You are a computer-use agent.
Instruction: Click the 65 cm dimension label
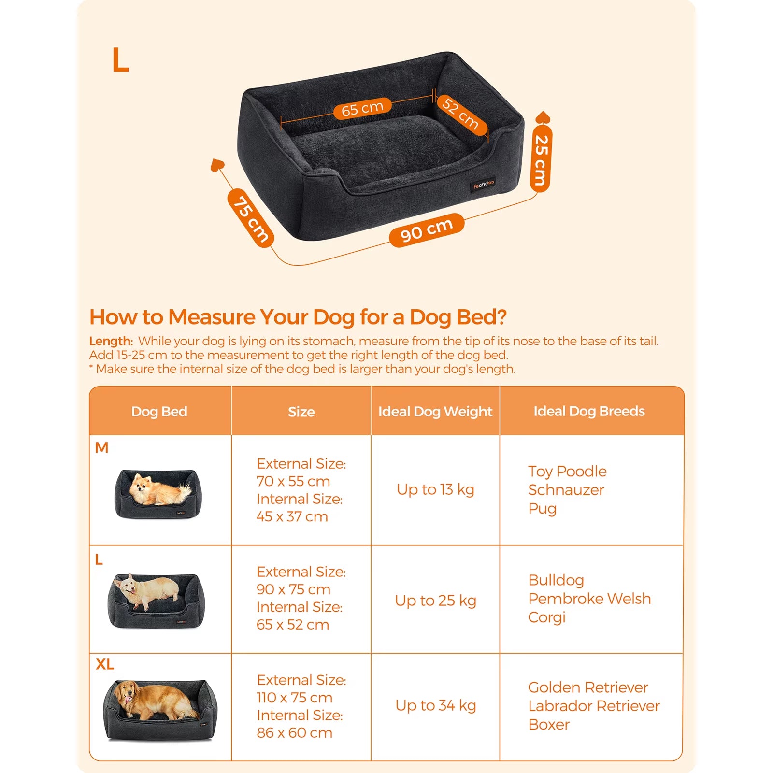coord(362,109)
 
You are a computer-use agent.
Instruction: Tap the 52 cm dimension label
coord(461,114)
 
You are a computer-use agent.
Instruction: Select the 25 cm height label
coord(541,160)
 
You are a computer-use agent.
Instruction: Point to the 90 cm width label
coord(427,230)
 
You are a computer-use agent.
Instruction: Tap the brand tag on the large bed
coord(484,185)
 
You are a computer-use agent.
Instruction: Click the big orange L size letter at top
coord(120,60)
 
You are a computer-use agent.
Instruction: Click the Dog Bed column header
coord(159,412)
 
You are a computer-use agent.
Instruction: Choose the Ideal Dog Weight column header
coord(435,412)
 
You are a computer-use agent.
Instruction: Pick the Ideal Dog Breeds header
coord(589,411)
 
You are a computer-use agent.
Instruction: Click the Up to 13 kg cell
coord(435,489)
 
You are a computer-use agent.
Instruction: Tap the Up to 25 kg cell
coord(435,601)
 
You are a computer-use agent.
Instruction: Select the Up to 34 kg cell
coord(435,705)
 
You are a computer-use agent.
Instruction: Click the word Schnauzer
coord(566,490)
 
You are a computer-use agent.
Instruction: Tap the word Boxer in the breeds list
coord(548,725)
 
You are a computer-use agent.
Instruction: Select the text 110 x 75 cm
coord(294,698)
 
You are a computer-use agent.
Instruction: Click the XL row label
coord(105,664)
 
